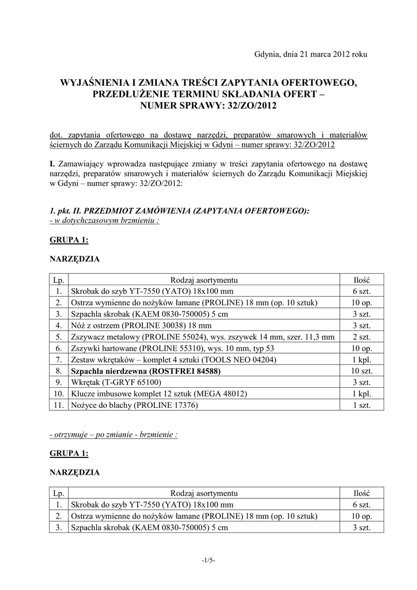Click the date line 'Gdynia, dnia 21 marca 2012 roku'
310,54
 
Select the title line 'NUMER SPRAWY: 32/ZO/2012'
208,105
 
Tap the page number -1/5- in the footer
208,560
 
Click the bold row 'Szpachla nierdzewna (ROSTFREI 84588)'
146,371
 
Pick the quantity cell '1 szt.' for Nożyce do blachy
362,405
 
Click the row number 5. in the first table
59,337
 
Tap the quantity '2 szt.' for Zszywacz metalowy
362,337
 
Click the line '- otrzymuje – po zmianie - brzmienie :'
114,434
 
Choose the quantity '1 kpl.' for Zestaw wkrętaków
362,360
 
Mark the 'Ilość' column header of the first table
362,280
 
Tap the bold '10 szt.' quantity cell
362,371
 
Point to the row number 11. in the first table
59,405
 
